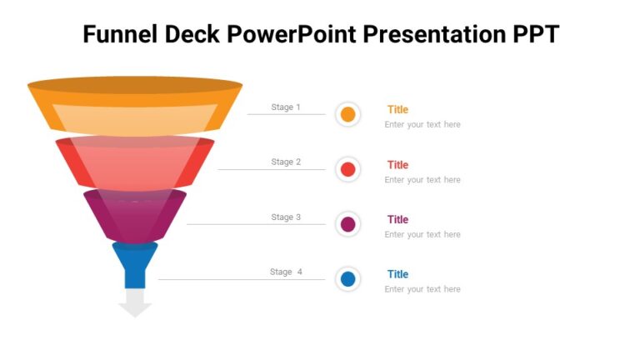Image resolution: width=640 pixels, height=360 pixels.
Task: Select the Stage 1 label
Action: click(x=286, y=107)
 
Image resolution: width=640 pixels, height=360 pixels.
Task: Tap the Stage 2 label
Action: click(x=286, y=162)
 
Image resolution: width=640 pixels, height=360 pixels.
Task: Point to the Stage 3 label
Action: click(x=286, y=217)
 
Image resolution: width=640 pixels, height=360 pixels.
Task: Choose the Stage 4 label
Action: click(x=286, y=272)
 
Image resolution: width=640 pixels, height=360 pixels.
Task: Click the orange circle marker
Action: click(x=348, y=115)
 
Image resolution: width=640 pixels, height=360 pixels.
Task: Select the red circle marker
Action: click(x=348, y=170)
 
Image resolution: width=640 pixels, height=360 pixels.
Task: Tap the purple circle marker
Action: click(x=348, y=224)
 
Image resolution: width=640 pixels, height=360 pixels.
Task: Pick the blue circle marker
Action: click(x=348, y=279)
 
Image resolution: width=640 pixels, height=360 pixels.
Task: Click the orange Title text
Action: click(x=397, y=110)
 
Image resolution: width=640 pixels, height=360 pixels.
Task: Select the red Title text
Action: click(x=397, y=165)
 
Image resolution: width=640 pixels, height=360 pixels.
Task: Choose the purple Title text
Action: click(x=397, y=220)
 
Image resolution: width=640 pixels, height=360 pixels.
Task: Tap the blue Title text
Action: click(x=397, y=274)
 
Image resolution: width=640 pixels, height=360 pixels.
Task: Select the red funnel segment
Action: click(x=135, y=162)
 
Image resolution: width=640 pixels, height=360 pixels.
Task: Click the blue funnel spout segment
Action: click(x=135, y=262)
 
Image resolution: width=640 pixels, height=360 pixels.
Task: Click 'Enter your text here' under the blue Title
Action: click(x=422, y=289)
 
